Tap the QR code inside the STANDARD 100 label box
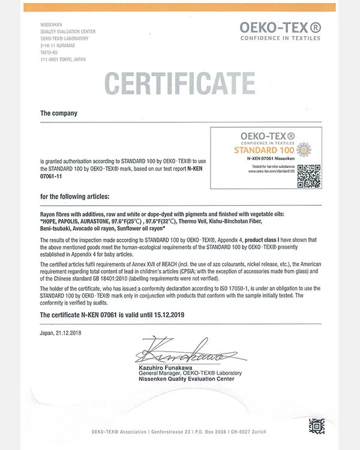coord(309,175)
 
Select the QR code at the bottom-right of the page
coord(317,426)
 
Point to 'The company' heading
coord(58,113)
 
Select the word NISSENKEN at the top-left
coord(52,25)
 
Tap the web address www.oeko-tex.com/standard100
coord(272,172)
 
